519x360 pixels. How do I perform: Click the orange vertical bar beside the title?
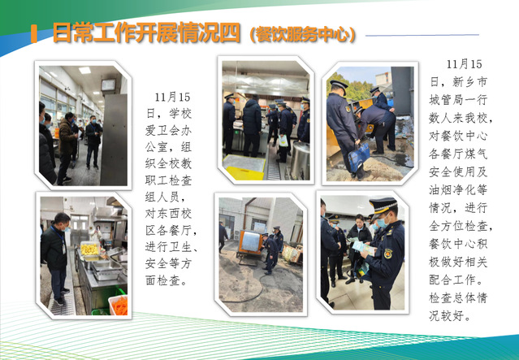click(34, 33)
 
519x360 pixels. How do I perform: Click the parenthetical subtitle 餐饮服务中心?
click(303, 34)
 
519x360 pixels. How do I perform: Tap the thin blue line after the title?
click(422, 35)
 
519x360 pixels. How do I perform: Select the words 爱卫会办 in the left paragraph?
click(168, 131)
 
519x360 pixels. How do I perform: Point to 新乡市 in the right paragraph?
click(470, 82)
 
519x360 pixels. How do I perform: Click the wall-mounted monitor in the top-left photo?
click(108, 85)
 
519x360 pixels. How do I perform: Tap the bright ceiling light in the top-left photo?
click(84, 70)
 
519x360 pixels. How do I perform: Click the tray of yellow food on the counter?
click(89, 249)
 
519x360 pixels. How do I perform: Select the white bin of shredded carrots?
click(119, 305)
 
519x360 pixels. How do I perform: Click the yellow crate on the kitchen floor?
click(244, 173)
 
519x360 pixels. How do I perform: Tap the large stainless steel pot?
click(299, 160)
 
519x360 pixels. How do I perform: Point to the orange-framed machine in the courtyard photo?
click(250, 243)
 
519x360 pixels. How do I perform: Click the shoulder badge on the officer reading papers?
click(388, 253)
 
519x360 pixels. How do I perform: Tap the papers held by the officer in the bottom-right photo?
click(363, 247)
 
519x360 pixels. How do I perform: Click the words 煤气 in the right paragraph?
click(476, 154)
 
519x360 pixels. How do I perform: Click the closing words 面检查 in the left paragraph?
click(162, 280)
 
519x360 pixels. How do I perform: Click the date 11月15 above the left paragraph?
click(172, 97)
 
